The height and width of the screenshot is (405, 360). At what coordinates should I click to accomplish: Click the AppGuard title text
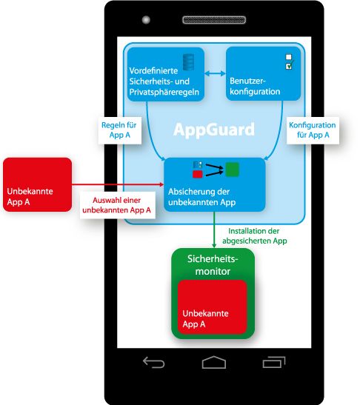click(214, 130)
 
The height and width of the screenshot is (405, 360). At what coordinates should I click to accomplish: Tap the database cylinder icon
click(188, 62)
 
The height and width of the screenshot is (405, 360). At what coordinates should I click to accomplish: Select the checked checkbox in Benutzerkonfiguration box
click(289, 66)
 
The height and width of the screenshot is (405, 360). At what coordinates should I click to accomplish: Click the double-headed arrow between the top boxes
click(215, 74)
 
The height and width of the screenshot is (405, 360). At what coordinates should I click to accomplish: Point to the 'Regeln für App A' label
click(119, 130)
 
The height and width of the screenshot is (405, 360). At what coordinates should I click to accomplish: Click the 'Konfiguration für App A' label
click(313, 130)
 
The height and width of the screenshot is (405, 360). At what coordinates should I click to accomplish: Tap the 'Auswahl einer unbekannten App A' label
click(117, 205)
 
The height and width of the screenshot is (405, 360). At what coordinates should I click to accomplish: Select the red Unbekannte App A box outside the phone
click(38, 184)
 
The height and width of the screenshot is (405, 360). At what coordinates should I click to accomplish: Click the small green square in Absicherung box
click(232, 170)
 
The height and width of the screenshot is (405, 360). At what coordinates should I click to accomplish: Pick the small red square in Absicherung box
click(198, 174)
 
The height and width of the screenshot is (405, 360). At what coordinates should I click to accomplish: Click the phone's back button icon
click(154, 362)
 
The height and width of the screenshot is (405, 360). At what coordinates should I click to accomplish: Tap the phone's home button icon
click(214, 362)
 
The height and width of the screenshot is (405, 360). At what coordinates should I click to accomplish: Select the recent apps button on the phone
click(274, 362)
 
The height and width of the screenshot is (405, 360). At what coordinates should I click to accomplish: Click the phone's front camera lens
click(146, 20)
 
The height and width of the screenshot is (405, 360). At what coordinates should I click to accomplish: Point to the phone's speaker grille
click(214, 20)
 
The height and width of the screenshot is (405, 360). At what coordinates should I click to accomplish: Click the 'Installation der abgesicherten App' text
click(255, 236)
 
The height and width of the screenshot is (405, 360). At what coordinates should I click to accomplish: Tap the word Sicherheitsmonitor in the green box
click(213, 265)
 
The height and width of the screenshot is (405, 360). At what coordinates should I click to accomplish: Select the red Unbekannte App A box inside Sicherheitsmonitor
click(212, 307)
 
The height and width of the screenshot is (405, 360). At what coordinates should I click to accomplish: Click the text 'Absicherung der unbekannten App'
click(201, 197)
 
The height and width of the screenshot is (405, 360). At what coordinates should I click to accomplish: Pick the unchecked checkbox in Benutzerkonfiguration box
click(289, 57)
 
